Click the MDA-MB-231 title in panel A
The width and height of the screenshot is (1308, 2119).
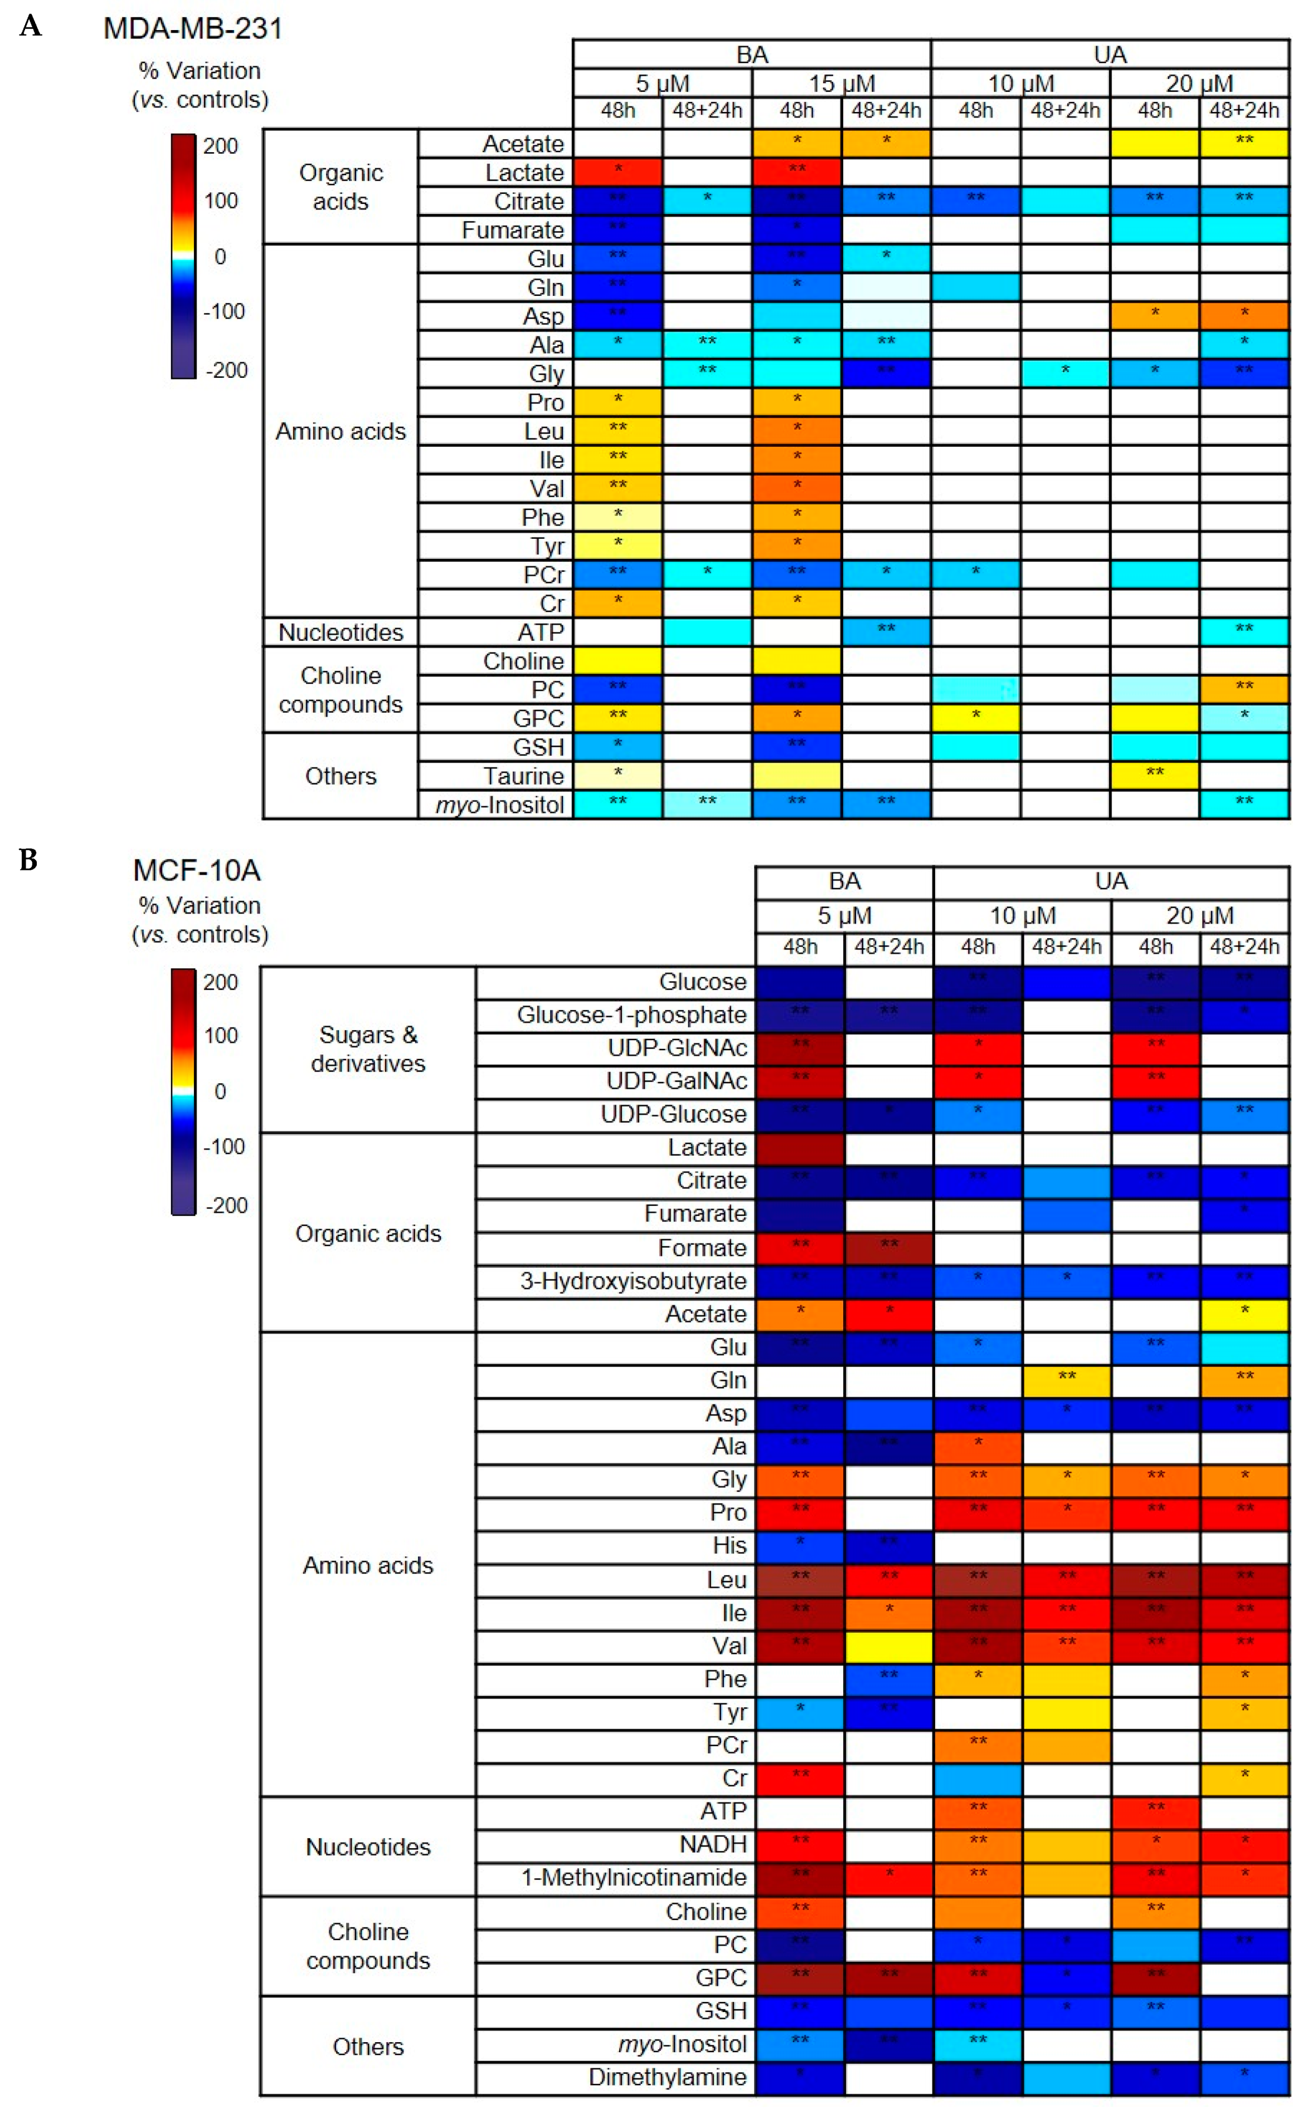tap(192, 28)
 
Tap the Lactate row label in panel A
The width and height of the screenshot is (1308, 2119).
tap(524, 173)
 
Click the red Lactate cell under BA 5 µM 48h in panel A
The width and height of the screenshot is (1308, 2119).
tap(617, 172)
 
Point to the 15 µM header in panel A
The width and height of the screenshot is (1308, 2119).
tap(842, 84)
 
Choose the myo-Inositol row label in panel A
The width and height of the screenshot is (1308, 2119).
tap(500, 805)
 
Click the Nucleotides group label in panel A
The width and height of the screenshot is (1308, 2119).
tap(341, 632)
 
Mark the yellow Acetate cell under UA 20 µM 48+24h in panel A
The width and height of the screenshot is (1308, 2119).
tap(1244, 144)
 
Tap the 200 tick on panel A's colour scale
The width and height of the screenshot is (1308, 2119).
tap(221, 145)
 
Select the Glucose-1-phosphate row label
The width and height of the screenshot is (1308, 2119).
tap(631, 1015)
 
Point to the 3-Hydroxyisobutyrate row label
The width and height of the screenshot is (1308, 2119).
tap(633, 1281)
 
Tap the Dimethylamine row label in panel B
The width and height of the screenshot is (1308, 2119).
tap(667, 2077)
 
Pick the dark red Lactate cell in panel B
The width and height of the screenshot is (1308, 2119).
tap(800, 1148)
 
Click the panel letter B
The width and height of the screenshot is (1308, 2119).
tap(28, 860)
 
